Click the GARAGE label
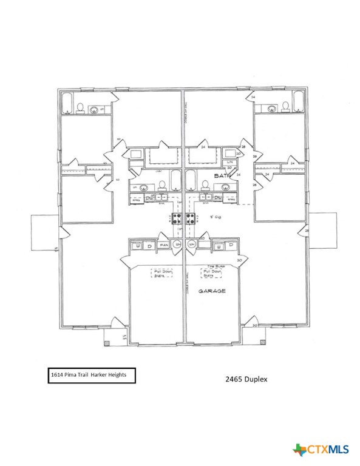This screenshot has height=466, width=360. (212, 291)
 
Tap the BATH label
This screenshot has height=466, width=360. (220, 175)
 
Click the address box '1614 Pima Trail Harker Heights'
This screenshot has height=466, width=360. (90, 376)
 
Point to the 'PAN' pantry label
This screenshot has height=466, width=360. (163, 245)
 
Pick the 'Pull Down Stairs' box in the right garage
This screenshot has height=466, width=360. (211, 274)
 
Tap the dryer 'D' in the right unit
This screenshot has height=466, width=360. (231, 246)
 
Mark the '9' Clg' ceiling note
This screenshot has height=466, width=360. (215, 215)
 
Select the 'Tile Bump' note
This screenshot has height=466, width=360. (212, 266)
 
